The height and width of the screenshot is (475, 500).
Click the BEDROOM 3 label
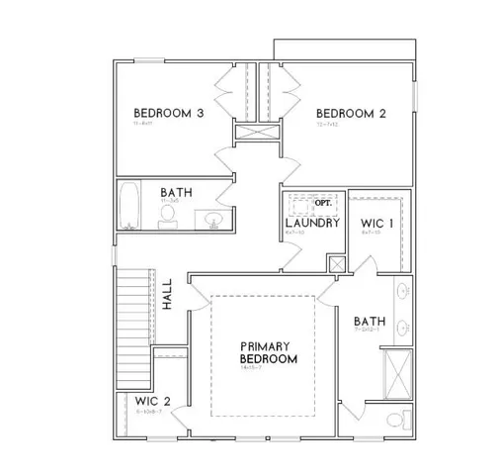point(169,114)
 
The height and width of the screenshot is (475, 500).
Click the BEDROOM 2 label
point(351,114)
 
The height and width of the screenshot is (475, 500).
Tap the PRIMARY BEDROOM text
point(269,353)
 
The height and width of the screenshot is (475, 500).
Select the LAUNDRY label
point(313,224)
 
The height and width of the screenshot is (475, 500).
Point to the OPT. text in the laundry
point(322,203)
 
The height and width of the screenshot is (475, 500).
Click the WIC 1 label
point(377,224)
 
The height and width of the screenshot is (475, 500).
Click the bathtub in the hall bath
point(127,207)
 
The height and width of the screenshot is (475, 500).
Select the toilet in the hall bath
point(167,216)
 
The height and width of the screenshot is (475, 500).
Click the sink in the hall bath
point(211,217)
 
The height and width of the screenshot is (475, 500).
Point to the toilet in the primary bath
point(395,421)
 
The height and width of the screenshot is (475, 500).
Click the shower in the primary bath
point(399,374)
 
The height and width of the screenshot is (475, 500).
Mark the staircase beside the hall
point(133,307)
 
